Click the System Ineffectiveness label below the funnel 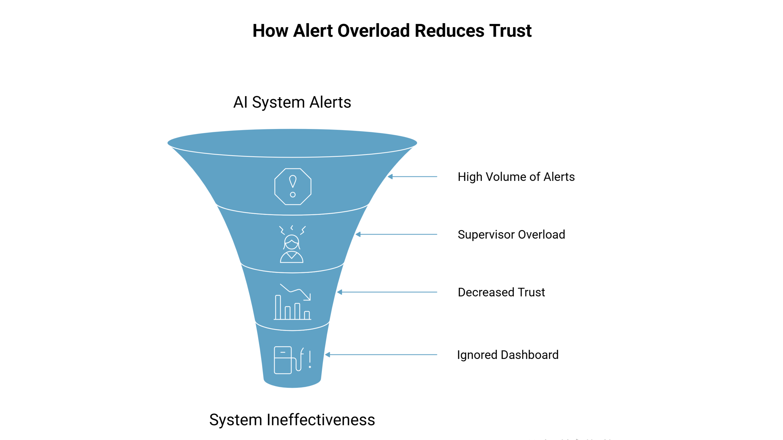coord(292,420)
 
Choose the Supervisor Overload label coord(511,234)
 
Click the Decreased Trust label coord(501,292)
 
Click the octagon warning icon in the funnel coord(293,186)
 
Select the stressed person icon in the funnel coord(292,244)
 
